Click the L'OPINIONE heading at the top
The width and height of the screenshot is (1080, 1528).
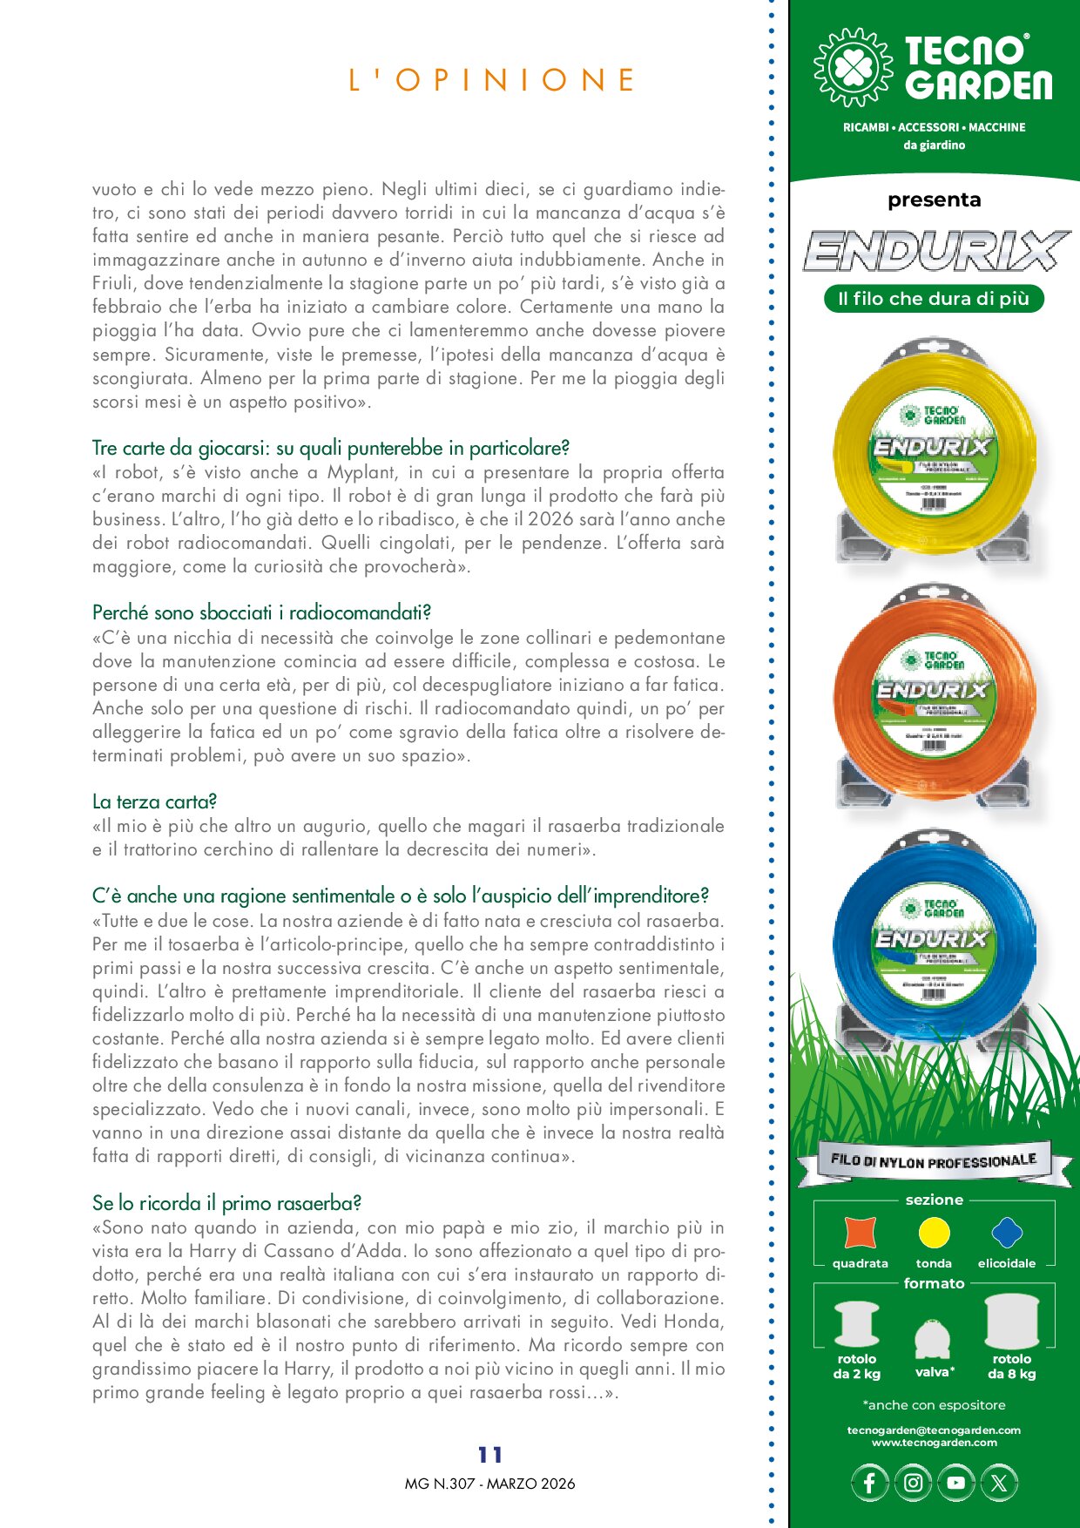coord(492,80)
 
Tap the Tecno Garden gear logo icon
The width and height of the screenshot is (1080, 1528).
coord(853,67)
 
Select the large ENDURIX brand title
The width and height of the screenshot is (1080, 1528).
coord(935,252)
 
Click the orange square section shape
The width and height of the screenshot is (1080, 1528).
coord(860,1233)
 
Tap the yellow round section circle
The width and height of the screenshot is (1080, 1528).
coord(934,1233)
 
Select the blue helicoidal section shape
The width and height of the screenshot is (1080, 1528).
coord(1007,1233)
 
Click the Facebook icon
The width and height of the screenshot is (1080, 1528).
coord(869,1483)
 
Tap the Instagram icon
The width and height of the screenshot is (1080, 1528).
coord(913,1483)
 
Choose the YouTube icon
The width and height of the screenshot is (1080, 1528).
coord(955,1483)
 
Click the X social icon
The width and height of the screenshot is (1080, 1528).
coord(999,1483)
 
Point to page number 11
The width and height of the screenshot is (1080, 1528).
coord(490,1455)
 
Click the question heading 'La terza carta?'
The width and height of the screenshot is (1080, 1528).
coord(154,801)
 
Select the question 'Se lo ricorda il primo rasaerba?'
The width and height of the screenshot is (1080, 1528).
coord(226,1203)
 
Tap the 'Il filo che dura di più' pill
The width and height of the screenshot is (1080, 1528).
coord(934,299)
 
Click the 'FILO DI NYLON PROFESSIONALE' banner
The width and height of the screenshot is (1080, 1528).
coord(934,1161)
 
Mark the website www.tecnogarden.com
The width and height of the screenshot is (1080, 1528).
coord(934,1443)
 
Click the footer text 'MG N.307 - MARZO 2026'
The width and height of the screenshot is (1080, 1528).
coord(489,1484)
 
